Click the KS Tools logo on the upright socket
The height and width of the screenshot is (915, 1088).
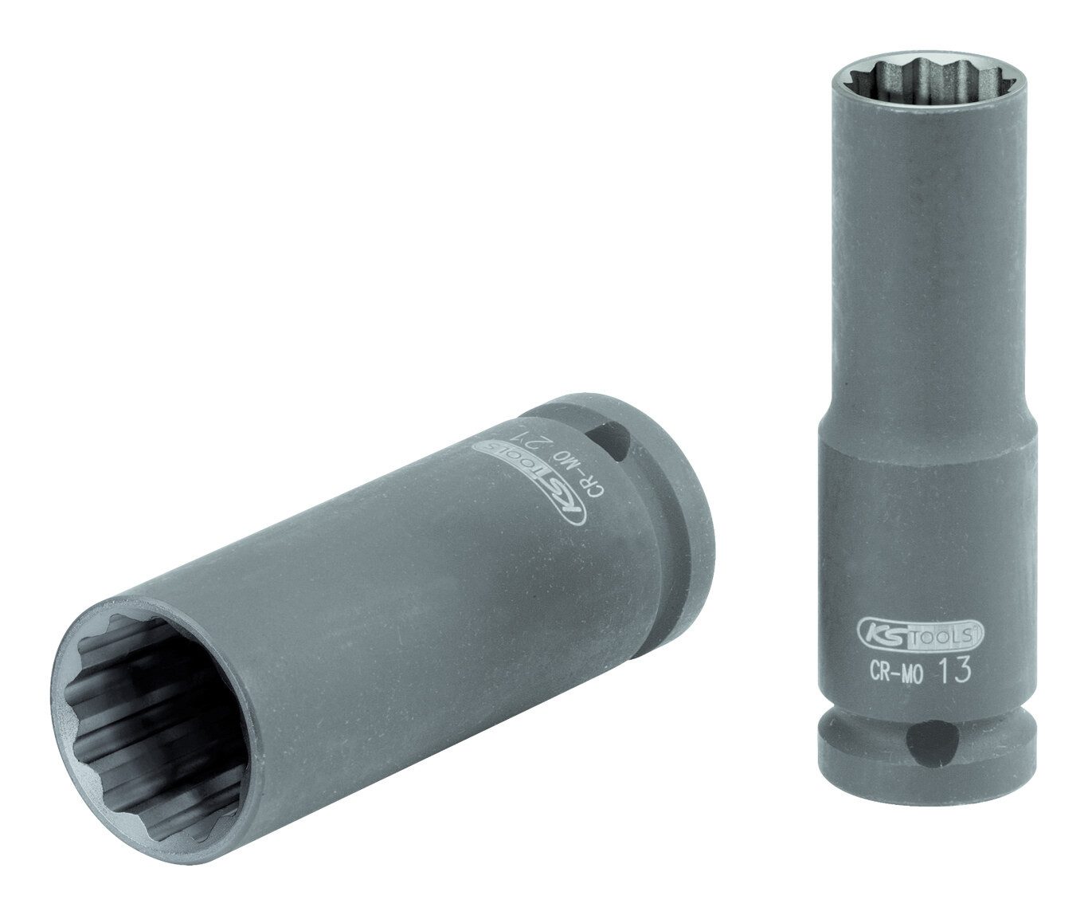tap(914, 634)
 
